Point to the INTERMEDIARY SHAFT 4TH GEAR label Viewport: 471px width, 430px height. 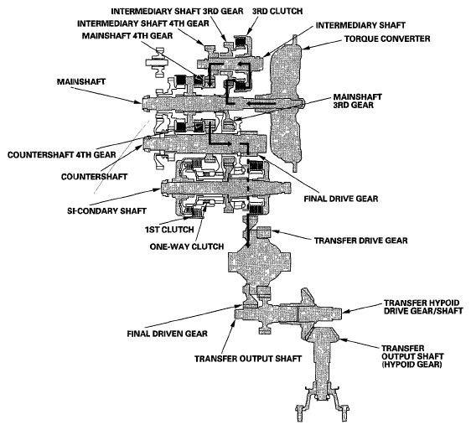click(x=146, y=24)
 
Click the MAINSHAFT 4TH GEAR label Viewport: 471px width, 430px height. click(x=125, y=37)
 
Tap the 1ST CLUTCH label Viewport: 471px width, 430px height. click(x=173, y=228)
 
